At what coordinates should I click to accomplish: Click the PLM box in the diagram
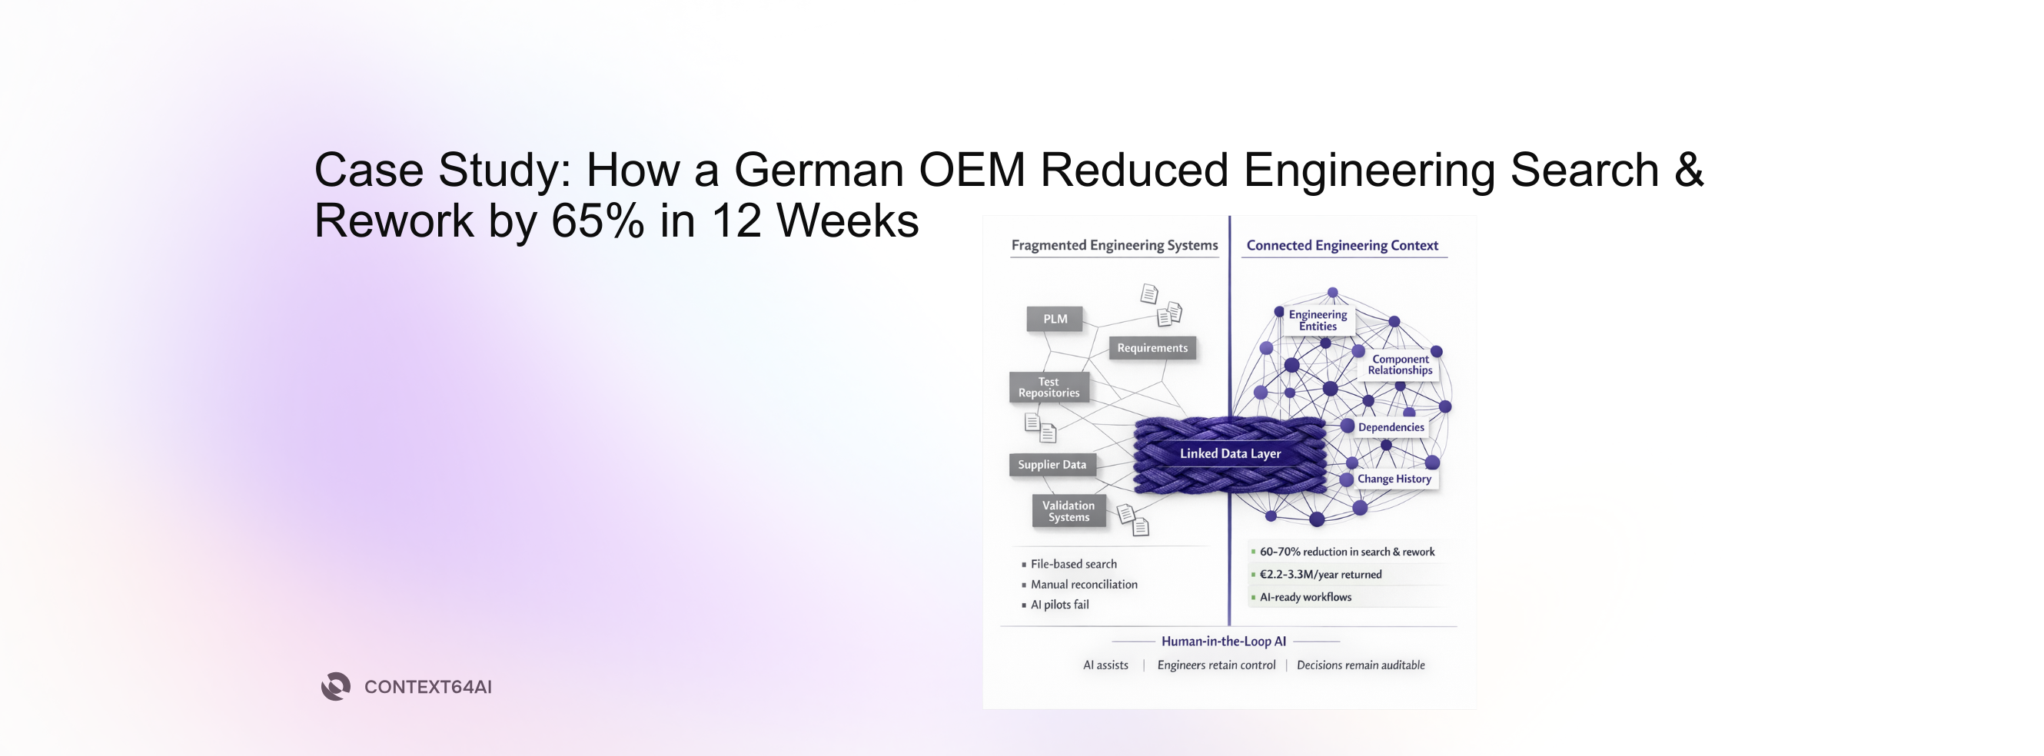click(x=1055, y=319)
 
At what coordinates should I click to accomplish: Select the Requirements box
click(x=1152, y=348)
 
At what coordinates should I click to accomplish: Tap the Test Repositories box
click(x=1049, y=387)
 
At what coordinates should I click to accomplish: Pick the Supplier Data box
click(x=1052, y=465)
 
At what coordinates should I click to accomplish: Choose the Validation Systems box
click(x=1068, y=511)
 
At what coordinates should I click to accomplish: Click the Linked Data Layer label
click(x=1230, y=454)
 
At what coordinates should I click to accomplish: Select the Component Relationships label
click(x=1400, y=364)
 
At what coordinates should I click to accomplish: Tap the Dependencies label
click(x=1390, y=428)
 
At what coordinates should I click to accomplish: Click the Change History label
click(x=1394, y=479)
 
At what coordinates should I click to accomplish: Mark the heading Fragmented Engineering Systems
click(x=1114, y=245)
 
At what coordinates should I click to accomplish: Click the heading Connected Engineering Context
click(x=1341, y=245)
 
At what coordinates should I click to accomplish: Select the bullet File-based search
click(x=1073, y=564)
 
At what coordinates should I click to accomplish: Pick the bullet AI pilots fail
click(x=1059, y=605)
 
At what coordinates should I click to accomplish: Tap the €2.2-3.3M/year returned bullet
click(x=1321, y=575)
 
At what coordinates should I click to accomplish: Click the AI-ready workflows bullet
click(x=1305, y=597)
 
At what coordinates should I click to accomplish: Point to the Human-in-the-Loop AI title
click(x=1224, y=641)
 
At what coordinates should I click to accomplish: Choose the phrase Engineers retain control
click(x=1215, y=665)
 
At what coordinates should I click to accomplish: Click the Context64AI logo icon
click(x=336, y=686)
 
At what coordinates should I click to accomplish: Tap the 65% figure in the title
click(x=597, y=221)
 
